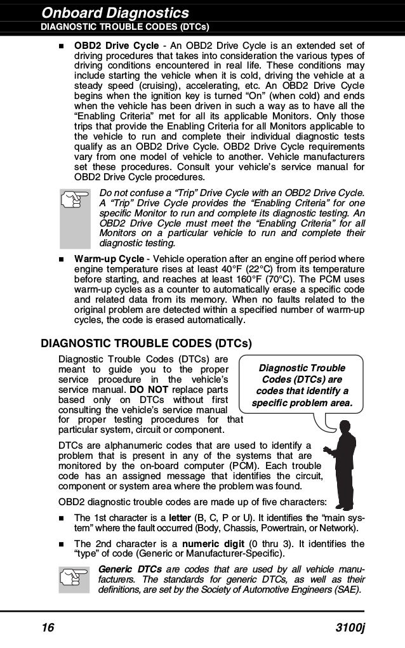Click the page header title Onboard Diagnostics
click(x=115, y=13)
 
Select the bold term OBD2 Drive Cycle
click(x=116, y=46)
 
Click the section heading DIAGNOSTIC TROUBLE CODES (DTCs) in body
click(x=146, y=344)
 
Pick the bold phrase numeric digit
click(x=212, y=544)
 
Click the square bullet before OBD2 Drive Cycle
click(x=62, y=47)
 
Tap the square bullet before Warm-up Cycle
click(x=62, y=260)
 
